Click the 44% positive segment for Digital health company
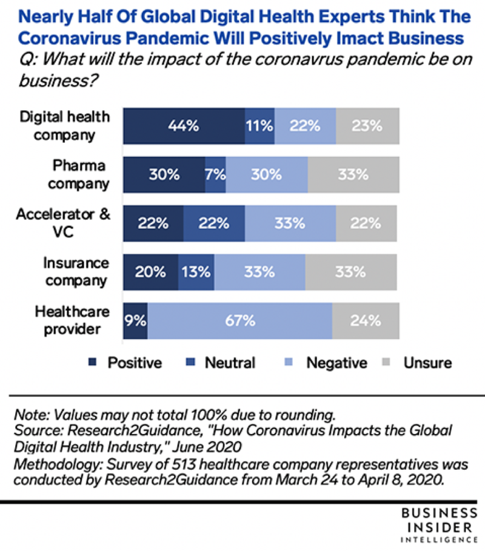click(184, 126)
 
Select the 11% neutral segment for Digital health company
click(259, 126)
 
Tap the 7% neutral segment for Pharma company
click(215, 174)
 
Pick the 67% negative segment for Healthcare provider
click(239, 320)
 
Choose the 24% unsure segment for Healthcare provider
click(365, 320)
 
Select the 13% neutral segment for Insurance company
click(196, 272)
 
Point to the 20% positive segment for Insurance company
click(150, 272)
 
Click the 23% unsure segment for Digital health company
click(367, 126)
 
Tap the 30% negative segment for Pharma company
click(267, 174)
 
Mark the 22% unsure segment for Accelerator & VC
click(366, 223)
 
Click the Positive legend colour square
click(93, 363)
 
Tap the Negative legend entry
click(327, 363)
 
